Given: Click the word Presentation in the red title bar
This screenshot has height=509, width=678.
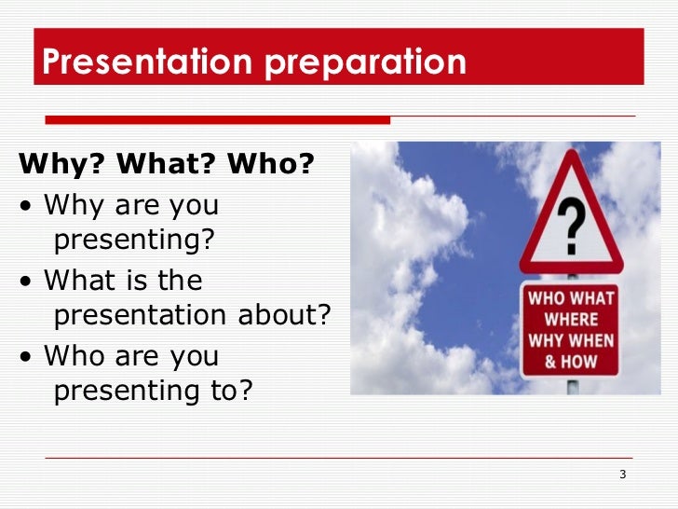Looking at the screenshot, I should tap(145, 62).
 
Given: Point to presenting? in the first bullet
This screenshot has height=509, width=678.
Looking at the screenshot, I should tap(134, 241).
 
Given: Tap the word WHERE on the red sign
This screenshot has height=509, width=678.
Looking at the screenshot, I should tap(571, 320).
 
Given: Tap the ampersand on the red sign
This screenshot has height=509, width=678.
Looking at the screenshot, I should tap(550, 359).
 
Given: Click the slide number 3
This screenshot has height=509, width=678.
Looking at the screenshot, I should tap(622, 476).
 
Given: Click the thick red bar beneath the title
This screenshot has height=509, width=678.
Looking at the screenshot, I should tap(218, 119).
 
